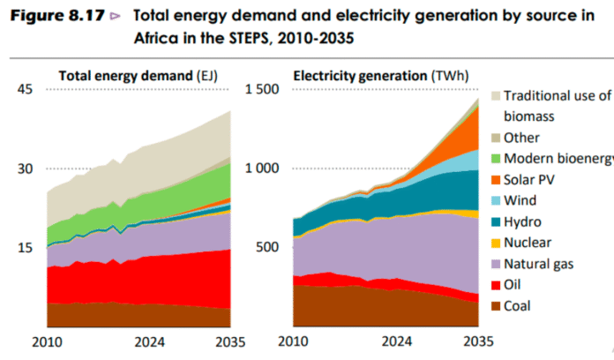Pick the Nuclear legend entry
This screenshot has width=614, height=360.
(x=528, y=243)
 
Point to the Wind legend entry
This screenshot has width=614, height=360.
(x=520, y=200)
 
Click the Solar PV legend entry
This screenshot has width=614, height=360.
(x=529, y=179)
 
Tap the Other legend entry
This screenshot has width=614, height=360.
(x=521, y=137)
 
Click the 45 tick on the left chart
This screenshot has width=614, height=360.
(x=24, y=89)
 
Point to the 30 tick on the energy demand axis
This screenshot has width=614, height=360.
(x=24, y=169)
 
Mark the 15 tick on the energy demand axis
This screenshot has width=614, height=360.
(x=24, y=248)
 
